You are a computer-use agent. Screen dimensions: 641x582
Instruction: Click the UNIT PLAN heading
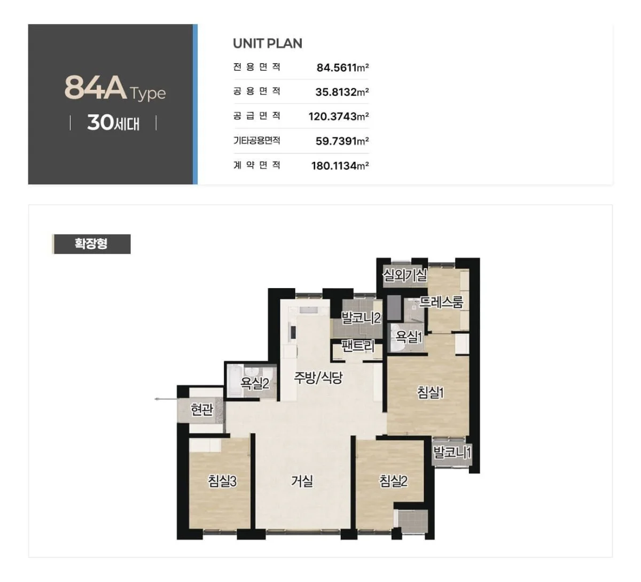coord(268,43)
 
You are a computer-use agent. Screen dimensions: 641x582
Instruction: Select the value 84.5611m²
coord(342,67)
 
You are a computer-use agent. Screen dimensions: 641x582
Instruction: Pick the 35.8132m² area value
coord(342,92)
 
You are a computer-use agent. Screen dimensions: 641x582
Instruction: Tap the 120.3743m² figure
coord(339,117)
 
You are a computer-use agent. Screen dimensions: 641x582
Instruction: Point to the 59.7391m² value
coord(342,141)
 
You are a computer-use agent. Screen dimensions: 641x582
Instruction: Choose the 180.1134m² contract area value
coord(340,166)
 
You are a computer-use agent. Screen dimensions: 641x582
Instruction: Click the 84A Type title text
coord(115,88)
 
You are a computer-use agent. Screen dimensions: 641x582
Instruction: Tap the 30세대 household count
coord(113,123)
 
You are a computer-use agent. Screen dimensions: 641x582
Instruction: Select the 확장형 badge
coord(91,244)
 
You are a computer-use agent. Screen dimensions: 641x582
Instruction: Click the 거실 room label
coord(302,481)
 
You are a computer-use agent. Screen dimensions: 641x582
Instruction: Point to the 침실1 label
coord(431,392)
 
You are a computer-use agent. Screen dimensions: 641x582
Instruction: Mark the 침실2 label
coord(393,481)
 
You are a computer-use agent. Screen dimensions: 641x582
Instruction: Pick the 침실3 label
coord(222,481)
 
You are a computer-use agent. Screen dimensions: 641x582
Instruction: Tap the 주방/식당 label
coord(318,378)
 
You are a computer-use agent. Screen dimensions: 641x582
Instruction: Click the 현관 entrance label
coord(201,409)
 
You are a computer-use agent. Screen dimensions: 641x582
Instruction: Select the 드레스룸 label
coord(441,301)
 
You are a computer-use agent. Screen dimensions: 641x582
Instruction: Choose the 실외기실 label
coord(404,275)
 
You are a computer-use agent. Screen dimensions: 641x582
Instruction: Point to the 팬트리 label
coord(358,346)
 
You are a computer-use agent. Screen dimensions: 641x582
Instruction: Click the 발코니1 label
coord(452,453)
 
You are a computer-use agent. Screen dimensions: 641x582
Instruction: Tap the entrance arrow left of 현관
coord(166,399)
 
